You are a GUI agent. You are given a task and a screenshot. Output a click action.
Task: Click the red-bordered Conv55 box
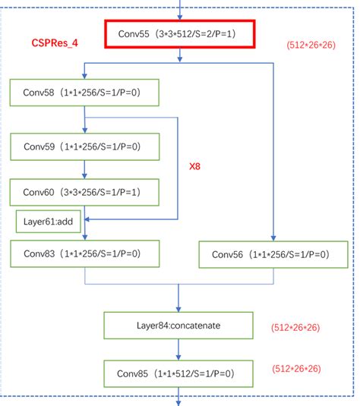click(x=180, y=35)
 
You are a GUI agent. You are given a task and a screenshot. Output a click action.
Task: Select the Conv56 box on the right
click(x=272, y=254)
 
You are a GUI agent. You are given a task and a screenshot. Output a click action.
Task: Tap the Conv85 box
click(x=179, y=373)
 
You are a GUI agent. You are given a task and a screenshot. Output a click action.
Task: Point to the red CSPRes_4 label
click(x=55, y=44)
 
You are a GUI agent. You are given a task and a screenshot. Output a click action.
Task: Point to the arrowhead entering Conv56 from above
click(x=272, y=237)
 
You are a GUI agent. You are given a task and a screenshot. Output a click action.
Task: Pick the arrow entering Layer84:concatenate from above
click(x=179, y=301)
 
